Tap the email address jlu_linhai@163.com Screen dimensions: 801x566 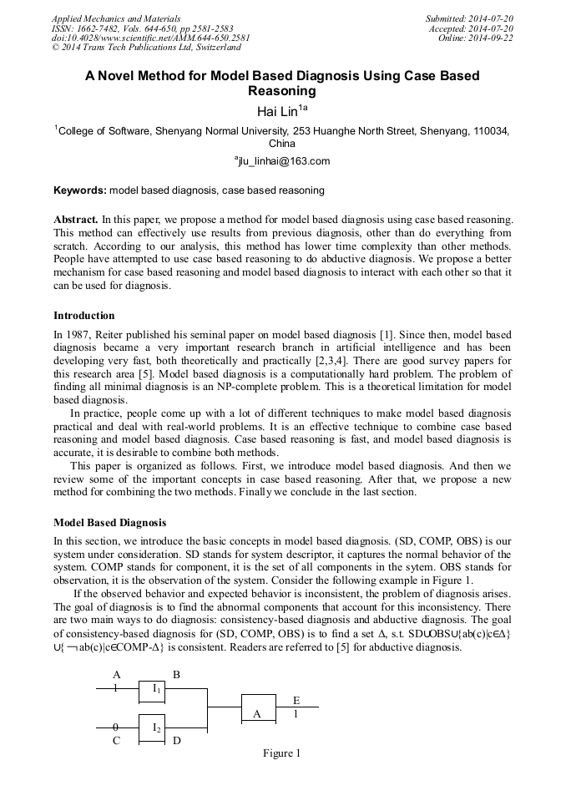pos(282,161)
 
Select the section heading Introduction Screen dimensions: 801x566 pos(84,316)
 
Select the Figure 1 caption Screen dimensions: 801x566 pos(281,753)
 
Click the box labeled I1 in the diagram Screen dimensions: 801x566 pos(156,689)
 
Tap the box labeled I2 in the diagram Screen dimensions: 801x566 pos(156,728)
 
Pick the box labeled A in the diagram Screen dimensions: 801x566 pos(257,712)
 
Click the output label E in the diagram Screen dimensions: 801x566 pos(296,700)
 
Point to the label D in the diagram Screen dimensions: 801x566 pos(177,740)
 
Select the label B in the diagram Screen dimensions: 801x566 pos(176,674)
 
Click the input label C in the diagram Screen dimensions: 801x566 pos(117,740)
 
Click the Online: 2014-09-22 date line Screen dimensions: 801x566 pos(476,38)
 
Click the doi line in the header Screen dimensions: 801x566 pos(150,38)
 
